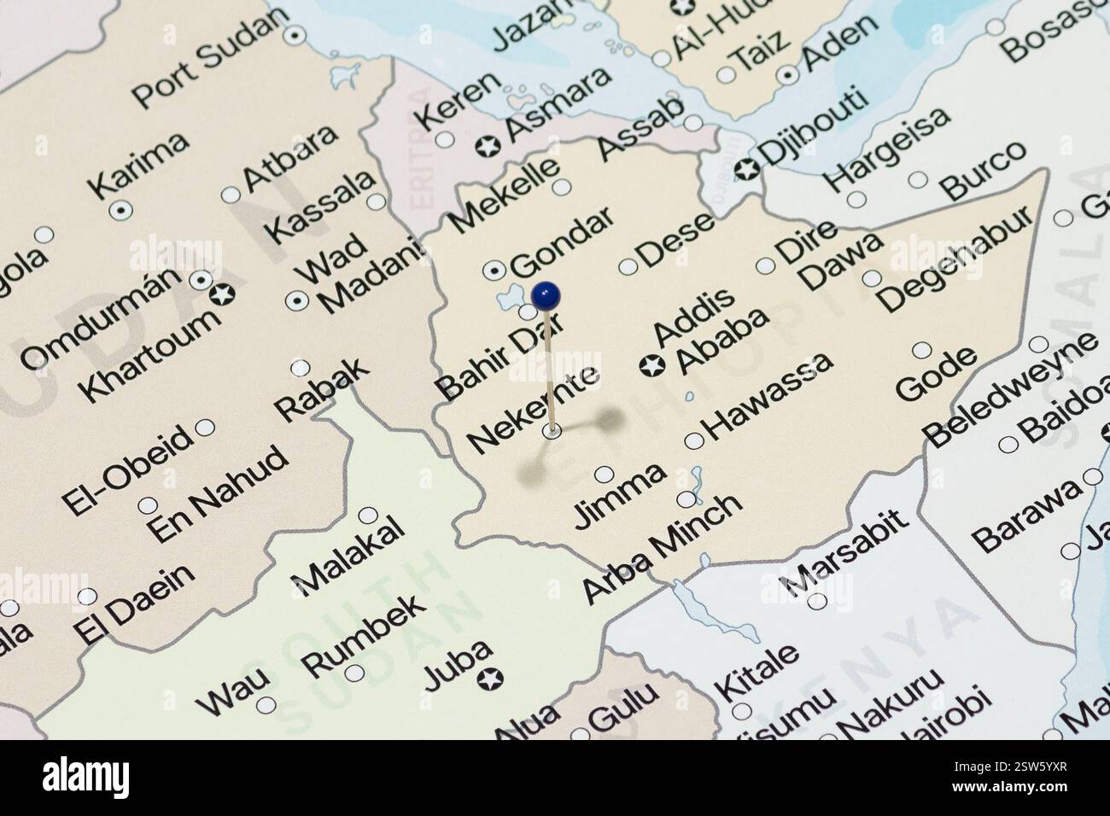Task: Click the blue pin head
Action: point(546,295)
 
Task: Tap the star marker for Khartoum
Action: point(222,294)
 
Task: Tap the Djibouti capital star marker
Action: point(747,168)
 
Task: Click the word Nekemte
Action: point(533,406)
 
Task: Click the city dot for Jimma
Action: point(604,474)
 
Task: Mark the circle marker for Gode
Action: point(922,350)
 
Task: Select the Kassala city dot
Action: point(376,202)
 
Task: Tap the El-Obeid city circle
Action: point(205,428)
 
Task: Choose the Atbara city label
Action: point(290,158)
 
